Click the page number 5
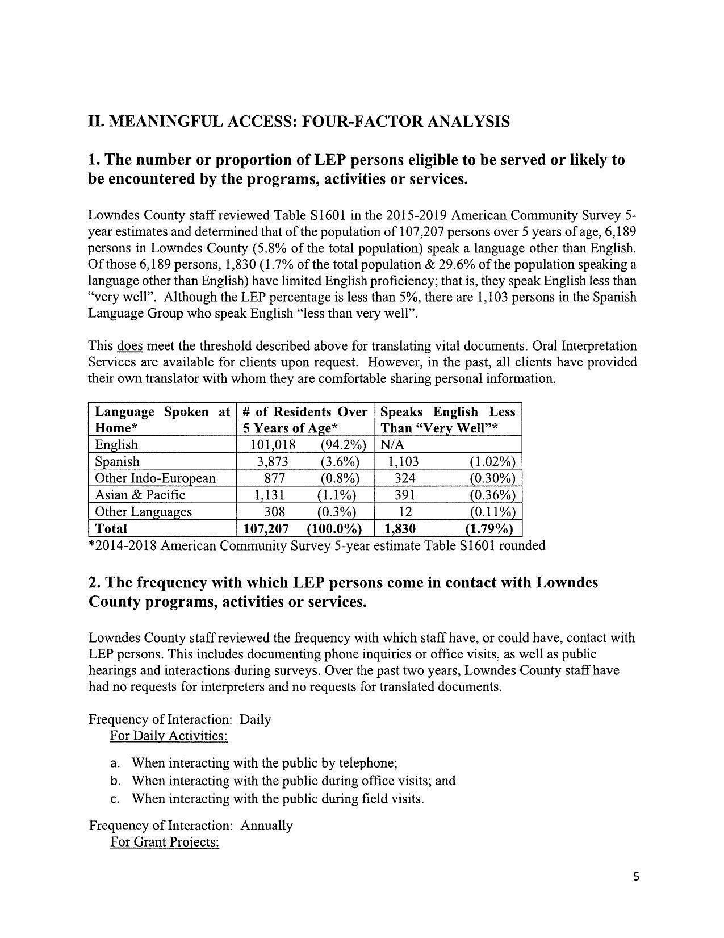[636, 877]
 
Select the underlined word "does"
[129, 346]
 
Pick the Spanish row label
[117, 461]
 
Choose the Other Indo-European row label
[155, 478]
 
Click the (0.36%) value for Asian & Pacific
[492, 495]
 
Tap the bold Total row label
[111, 528]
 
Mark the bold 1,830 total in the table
[400, 528]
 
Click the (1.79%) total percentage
[489, 528]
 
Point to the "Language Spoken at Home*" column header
[162, 419]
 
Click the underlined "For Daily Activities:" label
[169, 736]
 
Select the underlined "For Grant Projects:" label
[165, 841]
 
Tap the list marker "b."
[115, 781]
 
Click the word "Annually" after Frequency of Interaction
[266, 826]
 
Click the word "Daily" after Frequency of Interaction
[256, 719]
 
